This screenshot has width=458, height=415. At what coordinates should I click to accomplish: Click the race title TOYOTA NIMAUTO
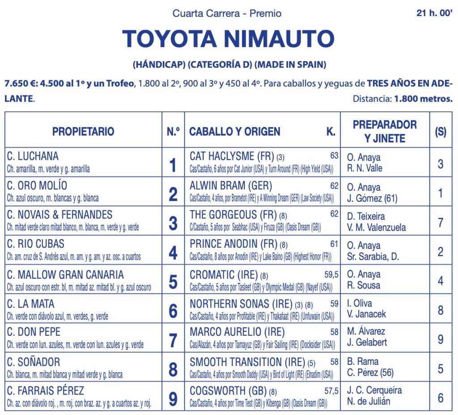228,39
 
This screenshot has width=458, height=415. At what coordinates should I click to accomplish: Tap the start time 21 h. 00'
434,13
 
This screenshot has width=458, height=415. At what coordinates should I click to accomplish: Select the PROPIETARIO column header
83,131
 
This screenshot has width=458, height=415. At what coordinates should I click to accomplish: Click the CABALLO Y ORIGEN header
234,131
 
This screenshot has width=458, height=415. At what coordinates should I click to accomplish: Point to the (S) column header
441,132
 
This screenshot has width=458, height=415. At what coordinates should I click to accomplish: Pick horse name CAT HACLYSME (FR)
232,156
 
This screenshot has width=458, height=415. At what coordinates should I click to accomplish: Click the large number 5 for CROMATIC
173,282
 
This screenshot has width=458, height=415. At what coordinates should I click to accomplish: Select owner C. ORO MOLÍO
37,186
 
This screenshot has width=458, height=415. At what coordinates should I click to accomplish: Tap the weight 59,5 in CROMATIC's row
331,274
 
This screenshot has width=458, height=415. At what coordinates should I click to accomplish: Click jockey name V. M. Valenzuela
376,227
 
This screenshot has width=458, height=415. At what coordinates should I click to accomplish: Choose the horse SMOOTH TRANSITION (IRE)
247,362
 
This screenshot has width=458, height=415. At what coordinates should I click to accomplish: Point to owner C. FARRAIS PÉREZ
46,390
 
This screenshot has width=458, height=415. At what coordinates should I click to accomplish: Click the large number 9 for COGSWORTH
173,399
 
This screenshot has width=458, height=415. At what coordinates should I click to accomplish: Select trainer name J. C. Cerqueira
374,390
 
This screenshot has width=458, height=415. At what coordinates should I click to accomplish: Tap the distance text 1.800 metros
423,99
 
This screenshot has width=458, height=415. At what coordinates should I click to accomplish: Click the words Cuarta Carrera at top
206,13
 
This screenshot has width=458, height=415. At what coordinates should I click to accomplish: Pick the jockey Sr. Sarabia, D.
373,256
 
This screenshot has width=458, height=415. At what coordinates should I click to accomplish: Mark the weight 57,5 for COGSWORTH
331,391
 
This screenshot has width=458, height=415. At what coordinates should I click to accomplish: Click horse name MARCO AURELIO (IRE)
237,332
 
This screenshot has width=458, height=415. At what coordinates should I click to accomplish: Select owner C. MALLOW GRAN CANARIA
65,275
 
